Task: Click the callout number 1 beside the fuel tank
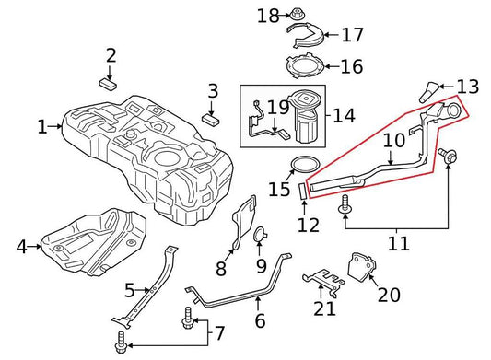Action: pos(41,126)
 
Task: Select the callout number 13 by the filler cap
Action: pos(468,87)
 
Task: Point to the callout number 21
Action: pos(324,308)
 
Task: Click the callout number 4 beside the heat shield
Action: pos(21,246)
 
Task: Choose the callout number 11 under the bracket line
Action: pos(397,243)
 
